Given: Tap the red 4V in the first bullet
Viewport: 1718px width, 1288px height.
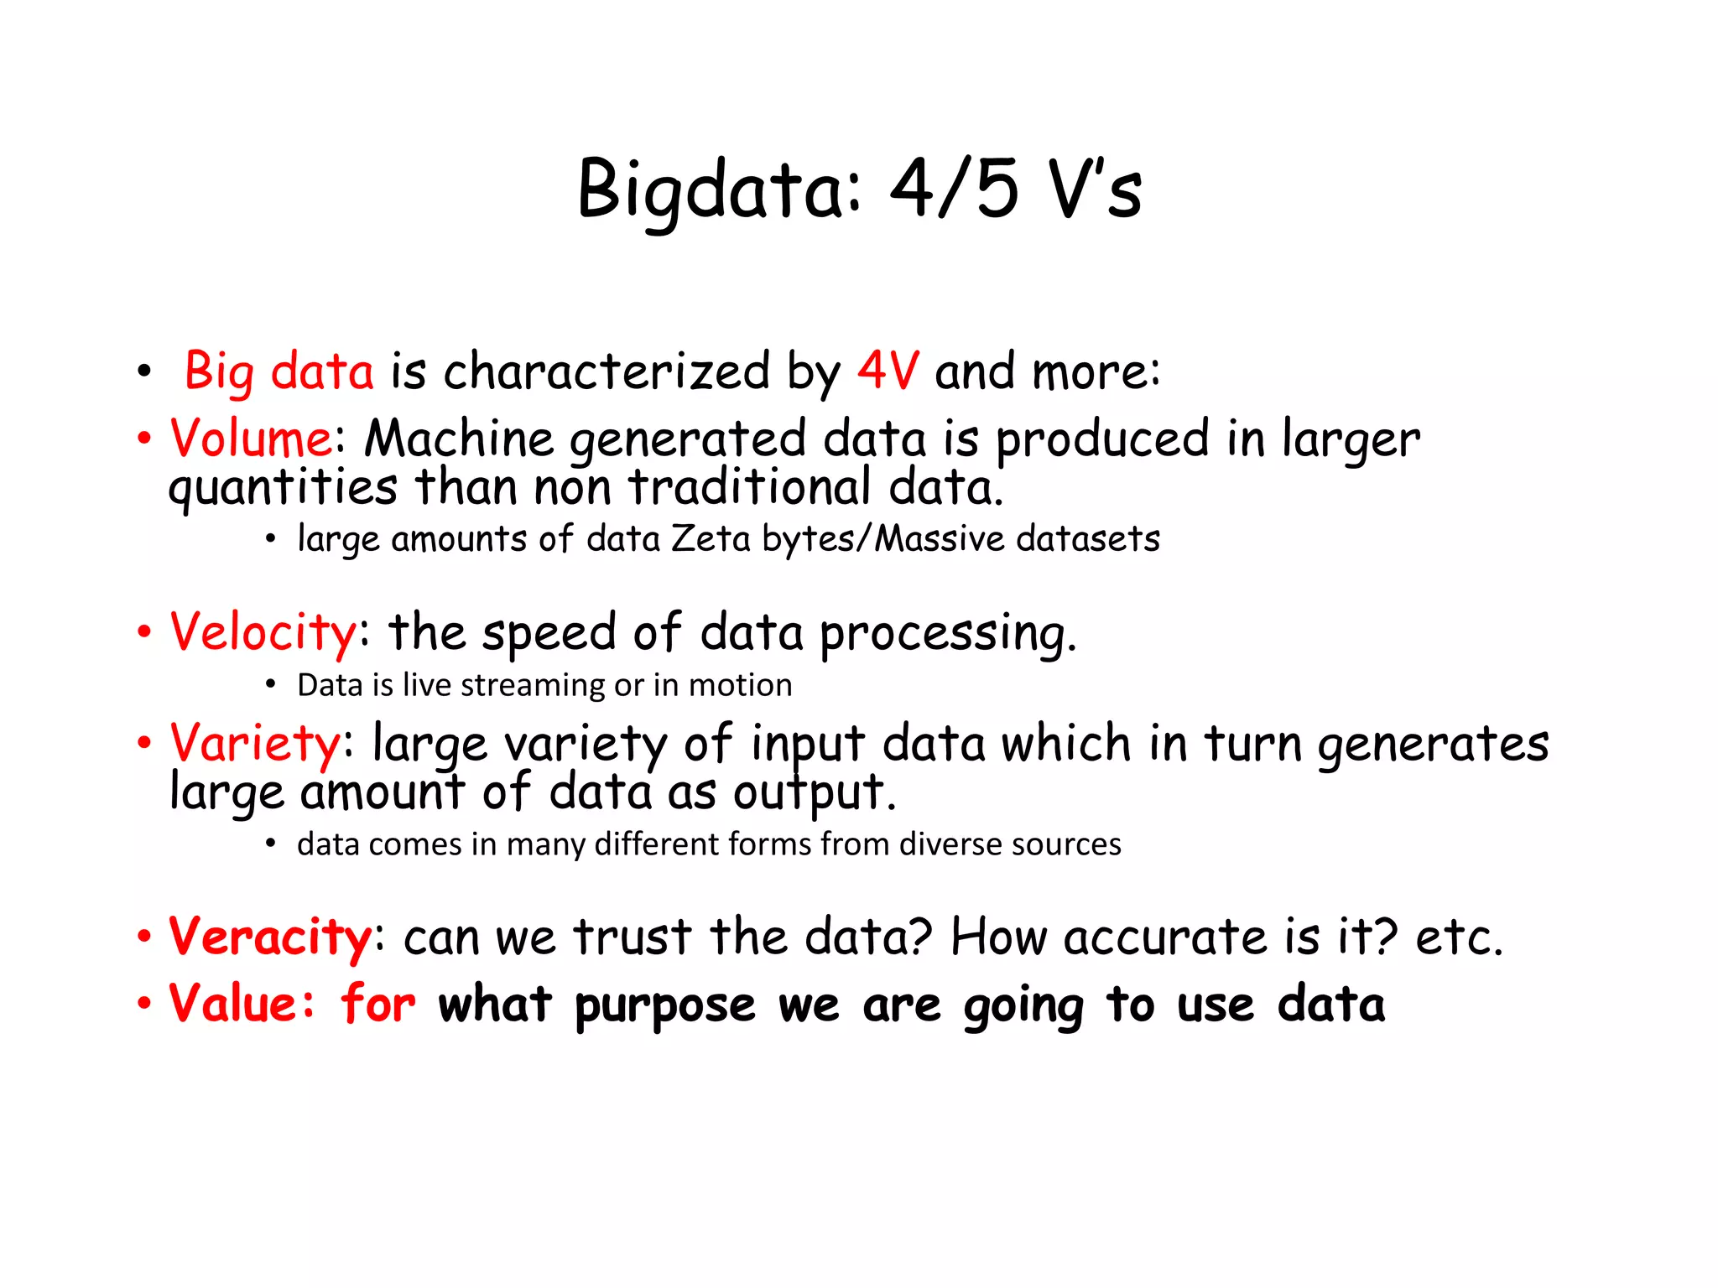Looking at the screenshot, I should point(888,371).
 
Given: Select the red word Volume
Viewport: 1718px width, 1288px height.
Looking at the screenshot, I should point(251,438).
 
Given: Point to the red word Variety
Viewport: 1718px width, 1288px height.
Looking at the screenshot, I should point(255,743).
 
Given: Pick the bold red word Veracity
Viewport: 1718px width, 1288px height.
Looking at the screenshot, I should point(270,937).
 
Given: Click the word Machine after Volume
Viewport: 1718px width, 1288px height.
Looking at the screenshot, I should point(459,438).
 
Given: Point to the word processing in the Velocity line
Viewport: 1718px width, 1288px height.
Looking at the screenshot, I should point(946,634).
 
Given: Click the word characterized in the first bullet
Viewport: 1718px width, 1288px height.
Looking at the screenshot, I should point(607,371).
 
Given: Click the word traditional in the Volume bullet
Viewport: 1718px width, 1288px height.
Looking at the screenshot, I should point(750,487).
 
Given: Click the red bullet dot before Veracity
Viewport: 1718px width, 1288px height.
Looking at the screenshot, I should point(144,936).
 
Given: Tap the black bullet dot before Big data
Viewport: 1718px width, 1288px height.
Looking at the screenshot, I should point(144,371).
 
